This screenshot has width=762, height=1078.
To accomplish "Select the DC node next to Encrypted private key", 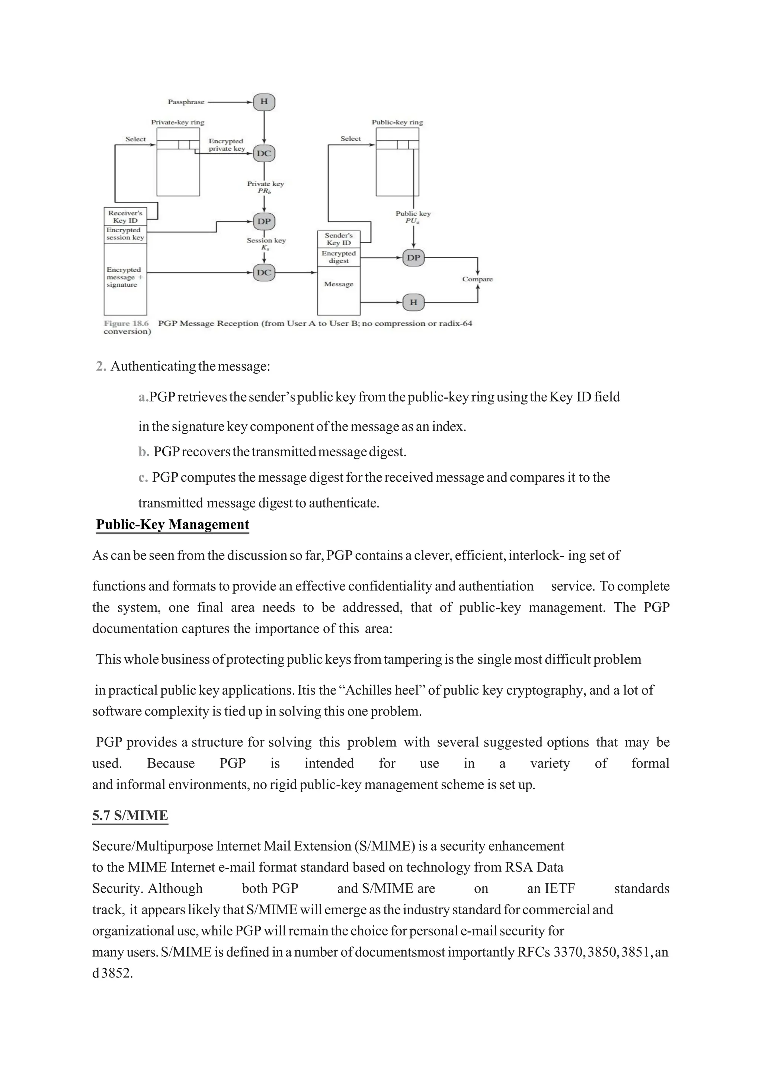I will click(x=264, y=153).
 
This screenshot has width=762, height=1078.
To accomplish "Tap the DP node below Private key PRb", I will click(x=264, y=221).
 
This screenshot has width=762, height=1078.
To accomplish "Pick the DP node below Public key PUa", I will click(x=413, y=258).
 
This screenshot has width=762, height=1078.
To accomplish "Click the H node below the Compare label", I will click(x=413, y=302).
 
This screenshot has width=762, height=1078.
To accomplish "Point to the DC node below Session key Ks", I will click(x=264, y=272).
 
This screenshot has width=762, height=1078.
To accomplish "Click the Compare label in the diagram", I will click(x=477, y=279).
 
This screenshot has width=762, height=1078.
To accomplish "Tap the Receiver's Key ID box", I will click(x=125, y=216).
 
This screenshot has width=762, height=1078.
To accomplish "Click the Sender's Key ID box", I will click(x=339, y=239).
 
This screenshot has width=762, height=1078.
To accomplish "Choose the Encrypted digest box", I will click(x=339, y=257).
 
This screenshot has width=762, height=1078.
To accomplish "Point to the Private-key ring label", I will click(x=177, y=122).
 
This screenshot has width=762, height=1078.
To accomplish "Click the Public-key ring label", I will click(x=397, y=122).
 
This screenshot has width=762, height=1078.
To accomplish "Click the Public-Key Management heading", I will click(x=172, y=524).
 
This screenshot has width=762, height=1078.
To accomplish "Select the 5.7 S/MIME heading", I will click(x=130, y=815).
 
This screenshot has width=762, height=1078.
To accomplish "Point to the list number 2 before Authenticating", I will click(x=100, y=366).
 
